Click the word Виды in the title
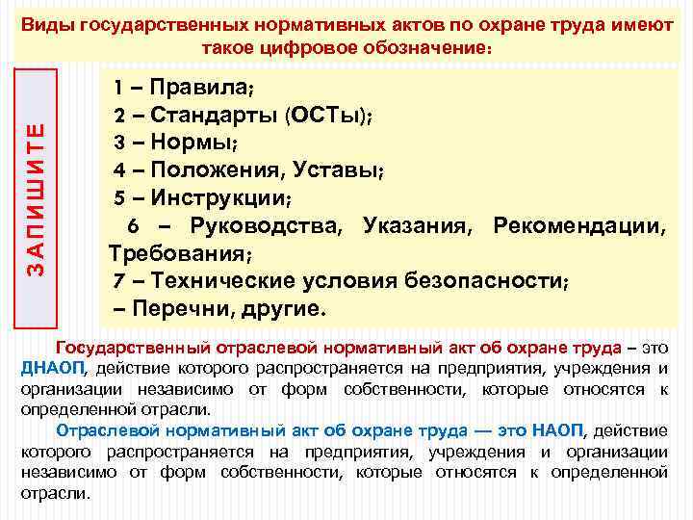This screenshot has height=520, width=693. [x=46, y=26]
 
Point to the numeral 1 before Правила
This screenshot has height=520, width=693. [x=118, y=90]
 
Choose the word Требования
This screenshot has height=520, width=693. [x=177, y=255]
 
